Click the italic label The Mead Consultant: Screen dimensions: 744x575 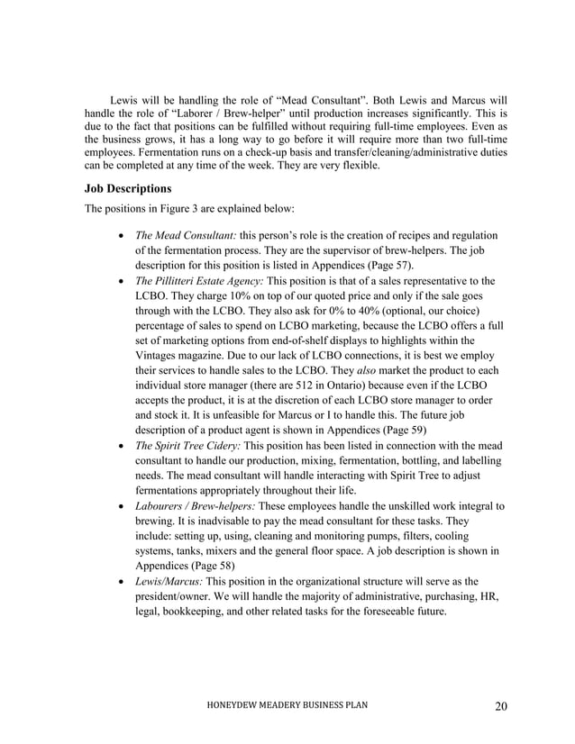click(179, 236)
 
